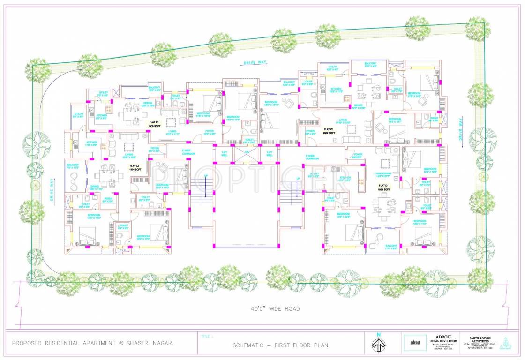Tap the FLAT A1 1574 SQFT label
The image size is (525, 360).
(x=135, y=168)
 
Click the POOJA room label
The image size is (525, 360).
(x=108, y=200)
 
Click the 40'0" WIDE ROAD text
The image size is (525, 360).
(x=275, y=308)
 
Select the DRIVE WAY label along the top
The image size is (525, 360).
(x=255, y=62)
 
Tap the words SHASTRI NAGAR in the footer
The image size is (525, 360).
(x=150, y=343)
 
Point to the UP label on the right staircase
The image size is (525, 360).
(x=298, y=179)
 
